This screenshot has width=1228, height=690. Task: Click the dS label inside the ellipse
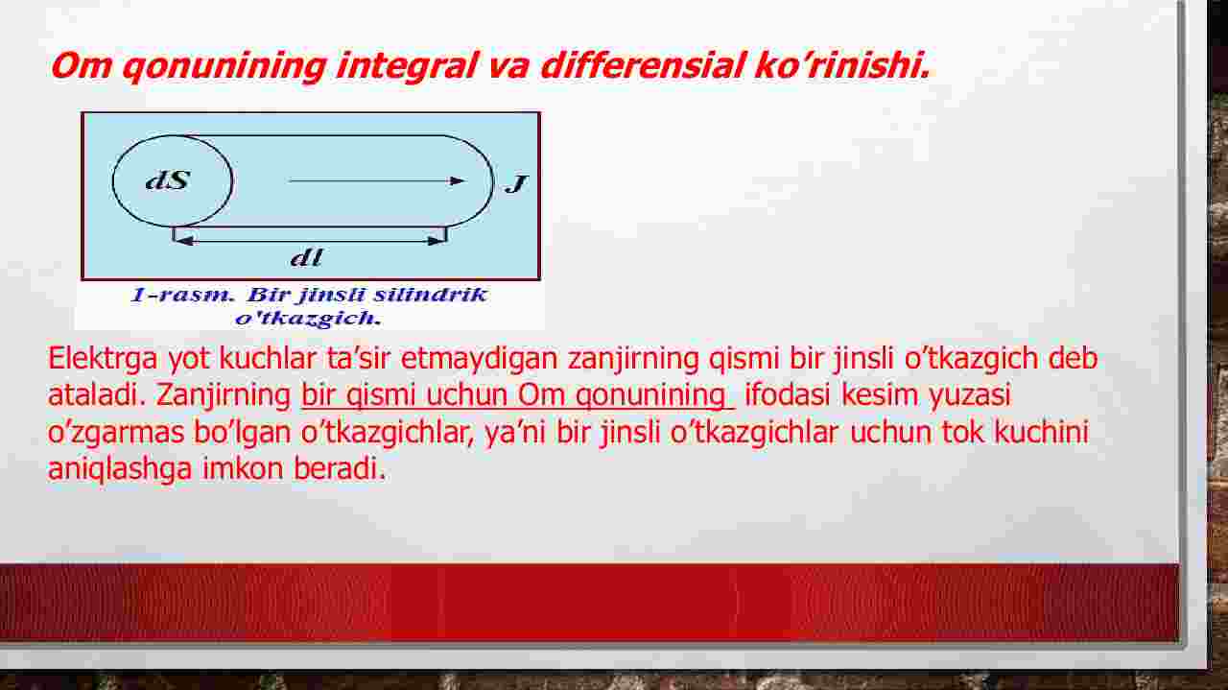(x=168, y=179)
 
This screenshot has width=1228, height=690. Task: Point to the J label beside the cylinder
(x=516, y=183)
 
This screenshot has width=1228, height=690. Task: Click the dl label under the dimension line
(x=306, y=257)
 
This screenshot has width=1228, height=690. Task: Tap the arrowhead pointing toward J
(x=457, y=180)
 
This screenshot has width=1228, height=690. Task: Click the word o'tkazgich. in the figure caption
(x=308, y=318)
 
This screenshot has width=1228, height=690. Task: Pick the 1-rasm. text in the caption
(x=183, y=295)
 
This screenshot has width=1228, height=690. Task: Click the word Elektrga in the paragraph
(x=103, y=359)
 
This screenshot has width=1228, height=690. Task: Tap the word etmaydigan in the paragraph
(x=479, y=359)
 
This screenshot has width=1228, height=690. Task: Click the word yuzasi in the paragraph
(x=969, y=395)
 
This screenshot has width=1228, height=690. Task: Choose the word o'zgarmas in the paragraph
(x=116, y=433)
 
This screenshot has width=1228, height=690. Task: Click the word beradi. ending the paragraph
(x=340, y=469)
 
